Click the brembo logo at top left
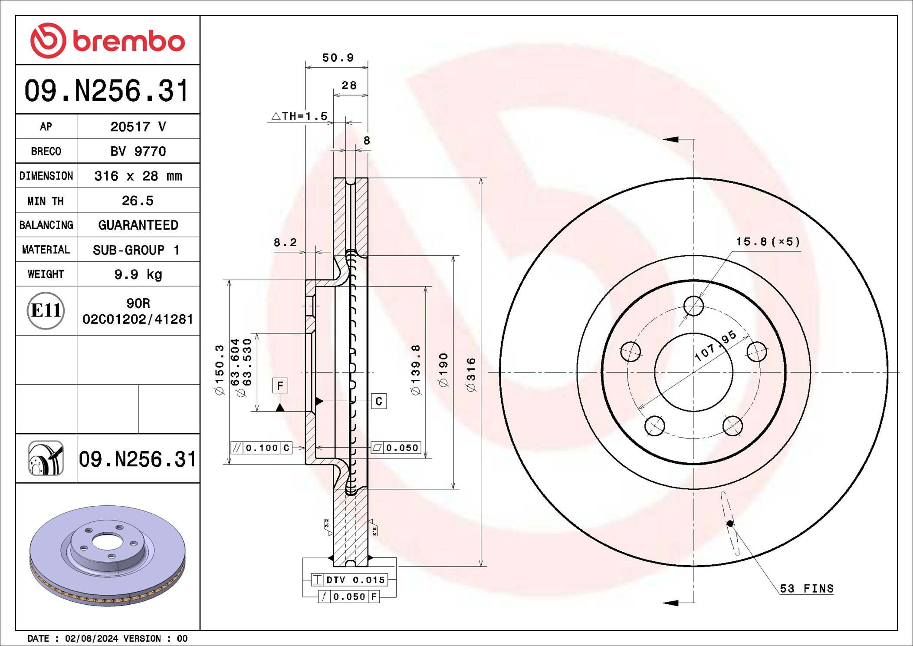[107, 41]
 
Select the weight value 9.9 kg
[138, 274]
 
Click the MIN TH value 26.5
[138, 201]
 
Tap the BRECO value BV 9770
[138, 151]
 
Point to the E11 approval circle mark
[46, 310]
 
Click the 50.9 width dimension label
[338, 58]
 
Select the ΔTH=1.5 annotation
[299, 116]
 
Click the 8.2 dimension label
[285, 242]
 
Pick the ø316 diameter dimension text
[471, 375]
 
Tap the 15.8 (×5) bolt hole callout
[768, 242]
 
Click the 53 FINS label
[806, 589]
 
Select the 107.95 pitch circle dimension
[715, 346]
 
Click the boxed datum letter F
[280, 386]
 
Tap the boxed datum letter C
[379, 401]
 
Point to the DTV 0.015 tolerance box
[349, 580]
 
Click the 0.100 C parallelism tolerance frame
[261, 448]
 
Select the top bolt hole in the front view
[693, 306]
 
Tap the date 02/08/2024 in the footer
[91, 638]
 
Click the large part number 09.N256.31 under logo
[107, 91]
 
